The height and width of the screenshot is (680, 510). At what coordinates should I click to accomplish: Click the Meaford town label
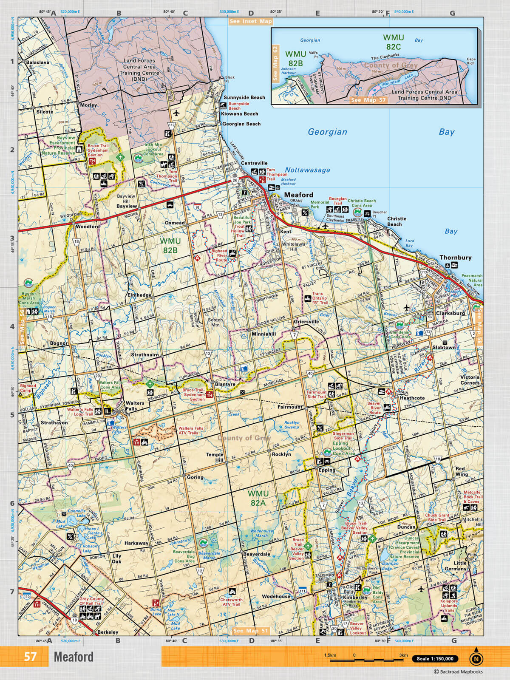[298, 195]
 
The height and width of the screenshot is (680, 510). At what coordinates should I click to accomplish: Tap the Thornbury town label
[455, 258]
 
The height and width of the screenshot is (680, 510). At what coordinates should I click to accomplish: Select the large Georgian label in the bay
[327, 132]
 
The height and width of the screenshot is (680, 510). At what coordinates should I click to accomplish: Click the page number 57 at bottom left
[30, 657]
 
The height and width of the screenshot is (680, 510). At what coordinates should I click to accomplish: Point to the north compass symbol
[476, 658]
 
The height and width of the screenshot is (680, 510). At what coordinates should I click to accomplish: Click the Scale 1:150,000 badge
[435, 659]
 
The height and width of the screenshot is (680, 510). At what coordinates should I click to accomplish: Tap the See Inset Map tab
[250, 21]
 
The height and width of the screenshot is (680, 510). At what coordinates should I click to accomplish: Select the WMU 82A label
[258, 498]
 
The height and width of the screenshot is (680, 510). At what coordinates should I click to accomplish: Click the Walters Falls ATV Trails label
[191, 431]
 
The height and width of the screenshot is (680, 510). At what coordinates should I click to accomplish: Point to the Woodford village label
[88, 227]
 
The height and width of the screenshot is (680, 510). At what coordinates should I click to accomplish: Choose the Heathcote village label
[412, 398]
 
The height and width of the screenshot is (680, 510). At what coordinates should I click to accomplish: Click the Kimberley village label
[355, 597]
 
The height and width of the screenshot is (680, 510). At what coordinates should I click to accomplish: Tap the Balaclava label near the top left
[37, 62]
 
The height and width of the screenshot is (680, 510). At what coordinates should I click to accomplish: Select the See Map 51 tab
[251, 631]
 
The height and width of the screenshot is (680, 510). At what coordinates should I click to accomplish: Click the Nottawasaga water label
[307, 170]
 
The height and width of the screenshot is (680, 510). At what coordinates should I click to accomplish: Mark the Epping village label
[327, 470]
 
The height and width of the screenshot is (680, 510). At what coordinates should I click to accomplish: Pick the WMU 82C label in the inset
[393, 42]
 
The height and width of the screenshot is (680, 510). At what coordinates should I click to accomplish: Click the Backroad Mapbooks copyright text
[458, 672]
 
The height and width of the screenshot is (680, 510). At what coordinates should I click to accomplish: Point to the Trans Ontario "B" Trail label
[320, 298]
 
